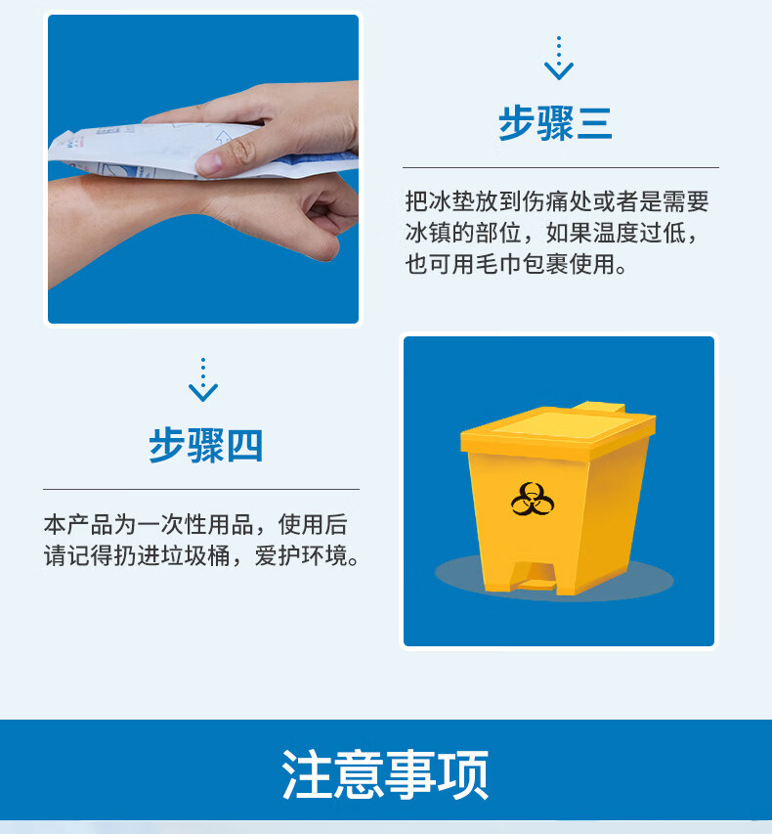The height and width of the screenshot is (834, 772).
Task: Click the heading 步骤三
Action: pyautogui.click(x=555, y=123)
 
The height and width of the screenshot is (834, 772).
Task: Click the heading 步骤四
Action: pyautogui.click(x=206, y=445)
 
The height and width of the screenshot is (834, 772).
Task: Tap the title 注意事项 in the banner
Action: pyautogui.click(x=385, y=774)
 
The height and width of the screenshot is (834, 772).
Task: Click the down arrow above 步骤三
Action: pyautogui.click(x=558, y=58)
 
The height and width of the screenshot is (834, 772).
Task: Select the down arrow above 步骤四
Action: pyautogui.click(x=203, y=379)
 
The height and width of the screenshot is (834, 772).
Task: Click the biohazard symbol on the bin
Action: pyautogui.click(x=533, y=500)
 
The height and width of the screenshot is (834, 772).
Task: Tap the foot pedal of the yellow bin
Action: pyautogui.click(x=534, y=578)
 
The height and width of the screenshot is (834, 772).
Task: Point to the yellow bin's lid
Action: pyautogui.click(x=558, y=425)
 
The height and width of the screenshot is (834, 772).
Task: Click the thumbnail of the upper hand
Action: pyautogui.click(x=210, y=161)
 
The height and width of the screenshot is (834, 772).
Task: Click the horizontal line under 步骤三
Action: pyautogui.click(x=560, y=167)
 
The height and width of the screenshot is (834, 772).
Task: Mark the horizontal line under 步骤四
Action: pyautogui.click(x=201, y=489)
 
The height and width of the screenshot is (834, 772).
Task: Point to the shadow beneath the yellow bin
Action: pyautogui.click(x=554, y=580)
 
